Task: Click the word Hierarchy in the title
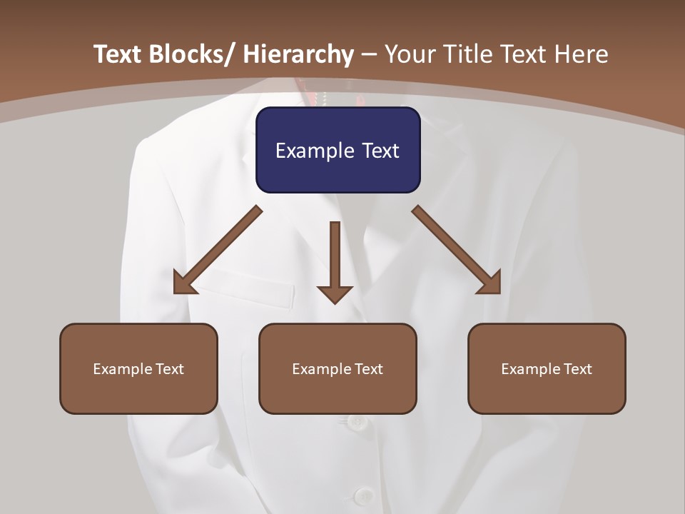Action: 298,54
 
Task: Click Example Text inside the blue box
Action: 338,151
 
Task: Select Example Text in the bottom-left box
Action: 138,369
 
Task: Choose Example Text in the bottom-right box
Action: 547,369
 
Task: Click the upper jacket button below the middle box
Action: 357,423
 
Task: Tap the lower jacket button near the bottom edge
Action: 364,495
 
